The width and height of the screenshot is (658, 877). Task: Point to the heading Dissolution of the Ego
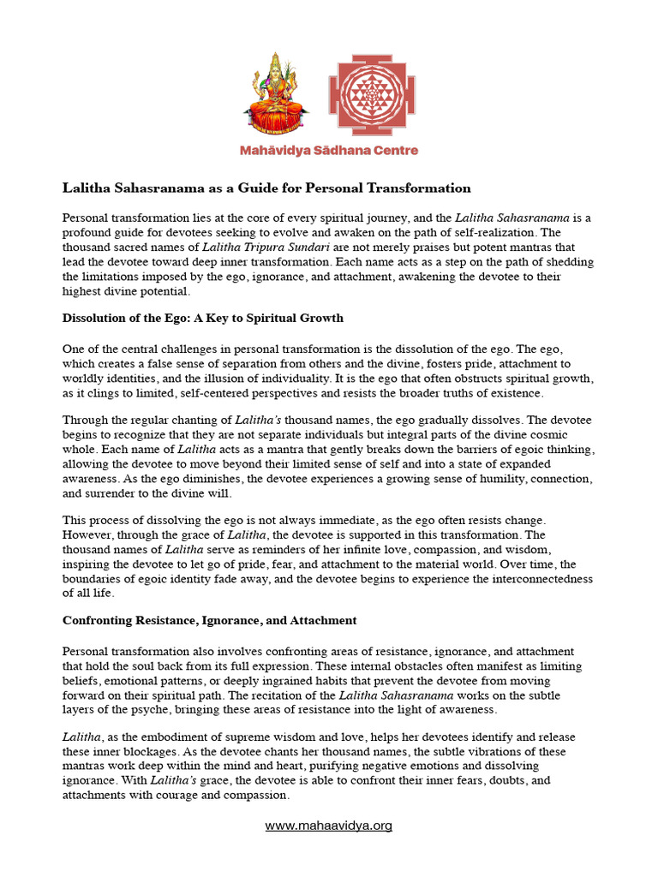point(203,318)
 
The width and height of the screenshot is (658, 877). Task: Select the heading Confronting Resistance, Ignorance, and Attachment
point(210,620)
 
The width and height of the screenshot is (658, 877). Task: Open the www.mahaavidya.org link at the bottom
point(329,826)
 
